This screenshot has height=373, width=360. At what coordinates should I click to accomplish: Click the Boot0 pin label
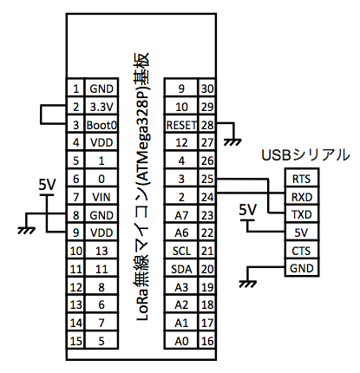[x=101, y=125]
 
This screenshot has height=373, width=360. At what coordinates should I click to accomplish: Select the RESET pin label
[x=181, y=125]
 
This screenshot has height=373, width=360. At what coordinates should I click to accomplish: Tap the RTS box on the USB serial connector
[x=302, y=178]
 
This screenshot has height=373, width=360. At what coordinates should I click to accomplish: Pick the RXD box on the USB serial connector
[x=302, y=197]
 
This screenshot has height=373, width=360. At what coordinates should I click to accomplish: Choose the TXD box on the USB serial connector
[x=302, y=214]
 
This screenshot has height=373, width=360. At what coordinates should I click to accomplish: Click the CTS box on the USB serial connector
[x=302, y=251]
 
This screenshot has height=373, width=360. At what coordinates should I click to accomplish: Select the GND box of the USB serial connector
[x=302, y=268]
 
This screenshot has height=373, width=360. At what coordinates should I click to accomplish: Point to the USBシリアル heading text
[x=305, y=155]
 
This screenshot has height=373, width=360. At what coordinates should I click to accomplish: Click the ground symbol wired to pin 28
[x=232, y=142]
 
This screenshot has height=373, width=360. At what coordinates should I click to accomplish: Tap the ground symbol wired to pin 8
[x=26, y=230]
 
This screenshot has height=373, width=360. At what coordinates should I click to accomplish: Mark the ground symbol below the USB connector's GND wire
[x=248, y=284]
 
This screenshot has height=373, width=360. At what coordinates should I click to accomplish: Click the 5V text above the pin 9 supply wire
[x=47, y=184]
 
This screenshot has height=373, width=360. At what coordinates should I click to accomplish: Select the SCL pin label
[x=181, y=251]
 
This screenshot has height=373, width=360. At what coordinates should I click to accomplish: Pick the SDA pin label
[x=181, y=269]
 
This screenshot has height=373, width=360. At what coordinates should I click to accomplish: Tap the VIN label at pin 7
[x=101, y=197]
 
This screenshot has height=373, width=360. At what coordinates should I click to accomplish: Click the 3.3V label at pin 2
[x=101, y=107]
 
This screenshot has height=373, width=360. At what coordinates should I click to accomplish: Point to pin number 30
[x=207, y=88]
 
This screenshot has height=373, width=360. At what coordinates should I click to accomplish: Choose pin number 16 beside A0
[x=207, y=341]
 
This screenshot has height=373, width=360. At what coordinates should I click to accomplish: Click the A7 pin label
[x=181, y=215]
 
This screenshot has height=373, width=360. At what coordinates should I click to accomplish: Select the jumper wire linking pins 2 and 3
[x=41, y=115]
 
